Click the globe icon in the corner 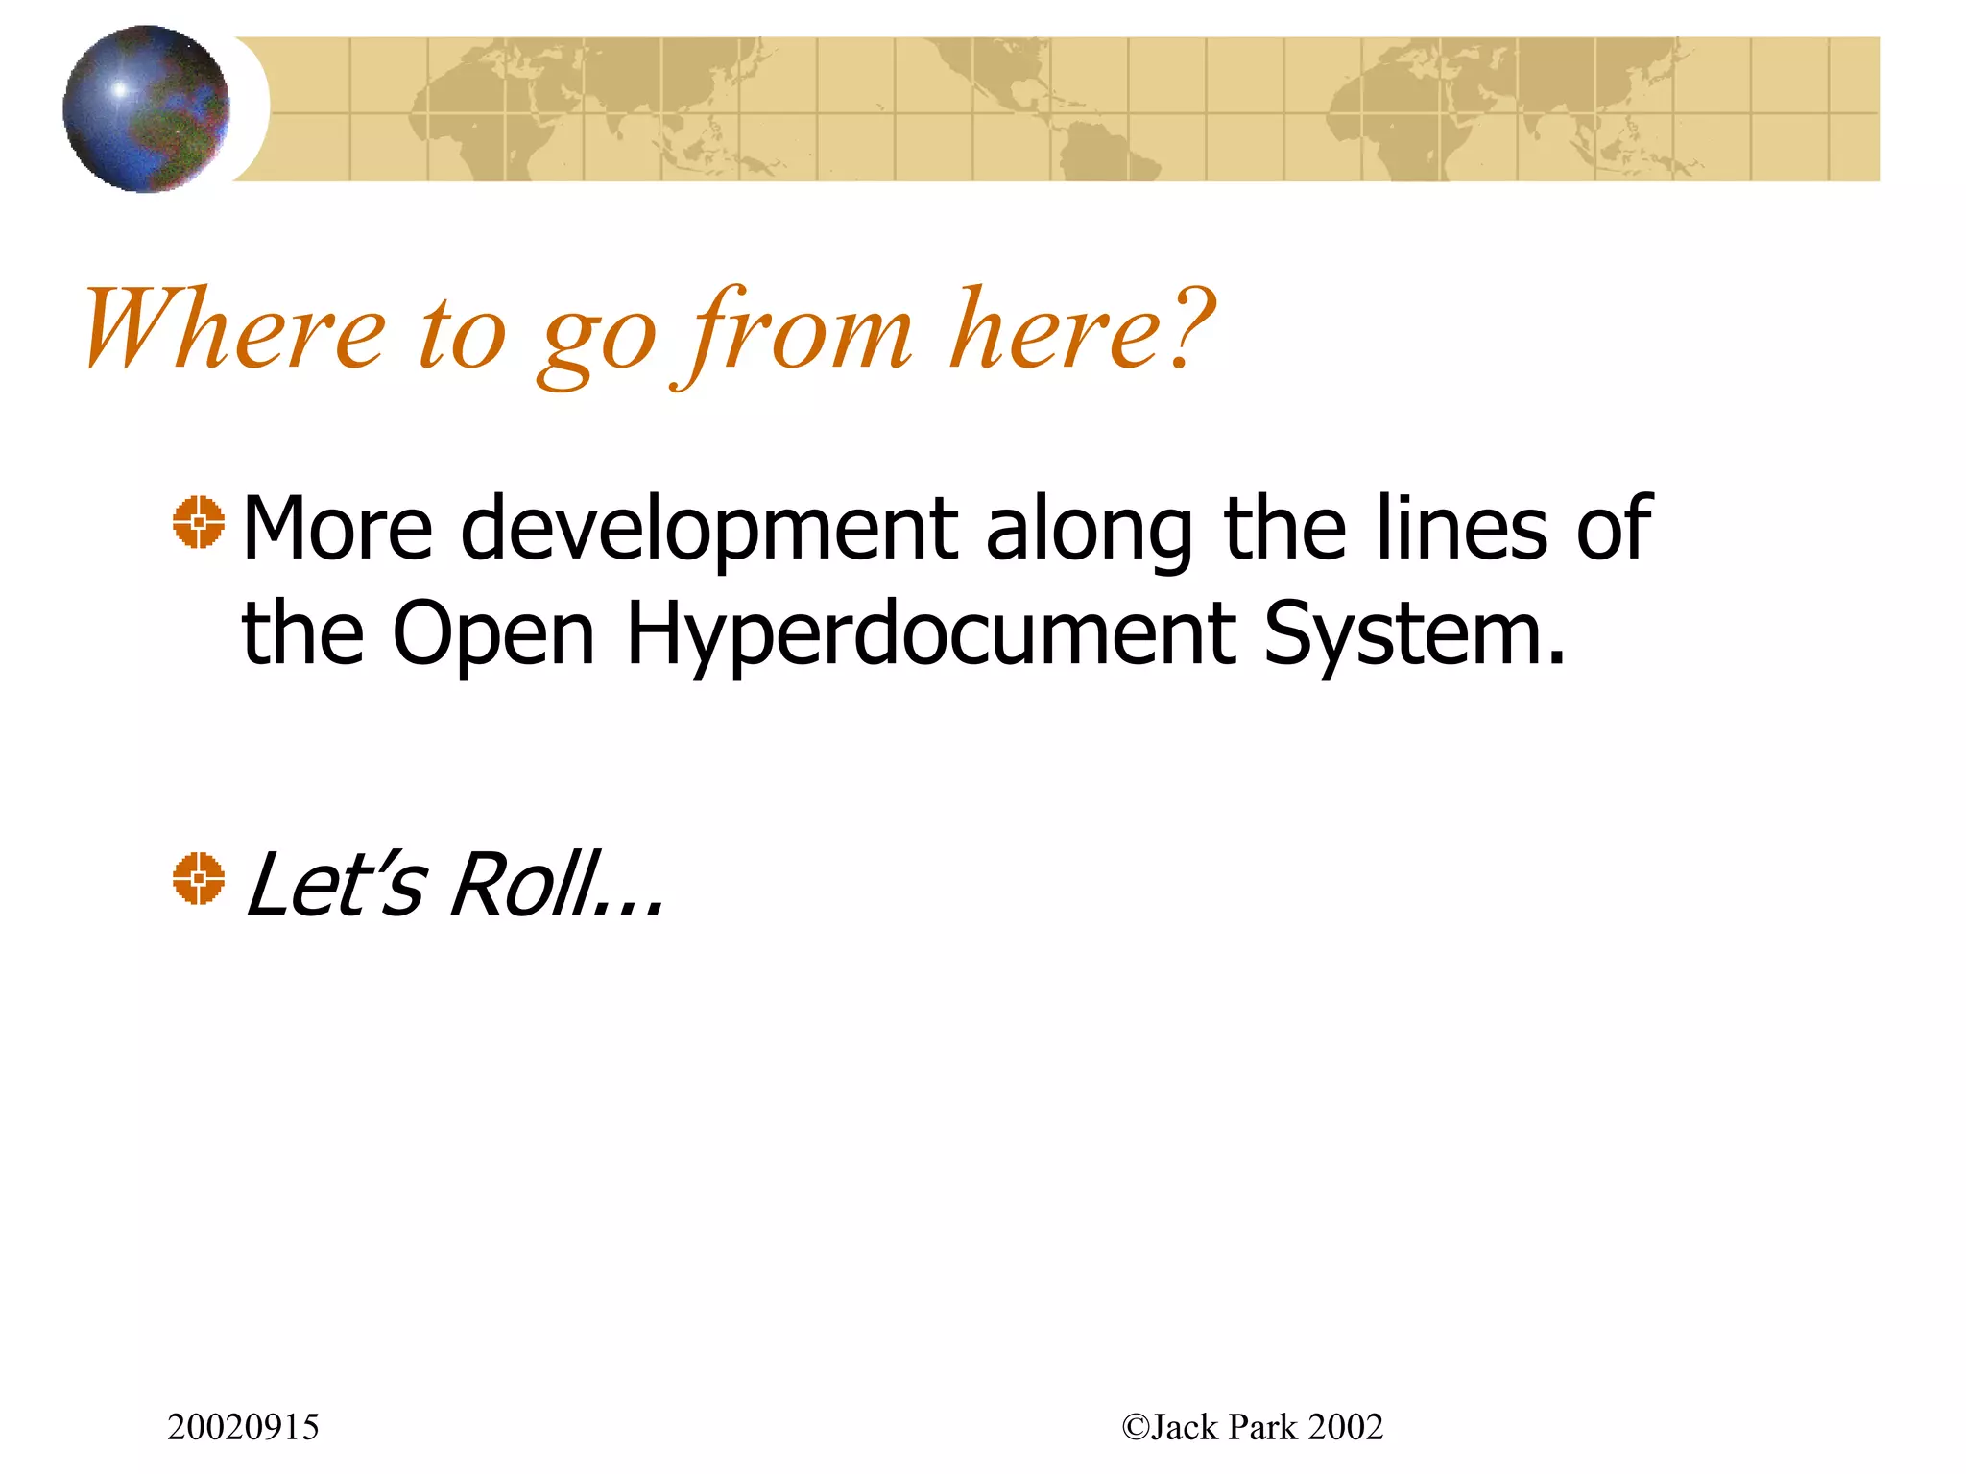tap(146, 108)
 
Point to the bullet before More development tap(199, 523)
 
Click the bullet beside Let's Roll tap(199, 878)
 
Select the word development tap(709, 529)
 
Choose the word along tap(1090, 529)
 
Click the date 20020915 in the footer tap(243, 1428)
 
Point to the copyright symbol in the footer tap(1136, 1428)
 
